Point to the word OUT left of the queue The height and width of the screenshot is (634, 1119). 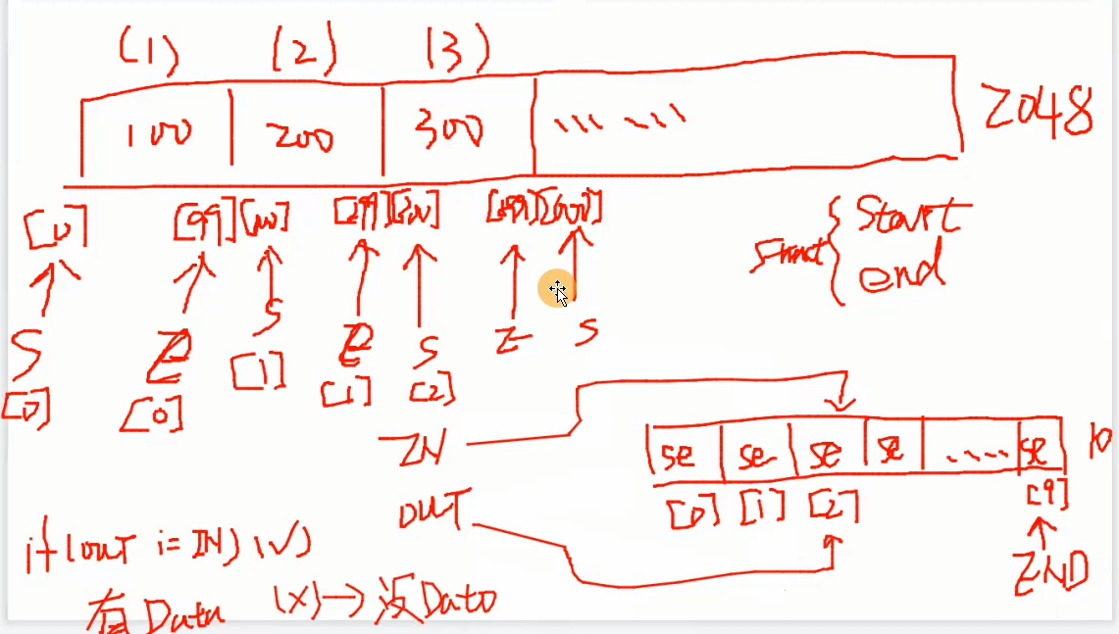431,512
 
